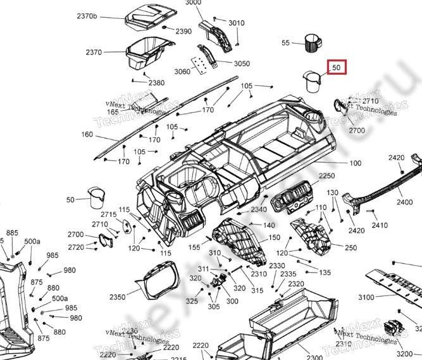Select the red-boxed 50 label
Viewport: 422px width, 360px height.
[336, 67]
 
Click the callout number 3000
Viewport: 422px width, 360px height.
[193, 3]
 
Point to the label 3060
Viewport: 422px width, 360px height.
[182, 71]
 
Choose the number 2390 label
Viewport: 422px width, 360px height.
[183, 31]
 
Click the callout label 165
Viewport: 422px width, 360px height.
[113, 112]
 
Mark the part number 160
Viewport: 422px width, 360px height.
[87, 135]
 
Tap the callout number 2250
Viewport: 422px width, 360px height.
[326, 176]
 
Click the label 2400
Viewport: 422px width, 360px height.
[405, 202]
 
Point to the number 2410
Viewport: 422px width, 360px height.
[380, 225]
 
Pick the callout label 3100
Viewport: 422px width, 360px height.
[366, 297]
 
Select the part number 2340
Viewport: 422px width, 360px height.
[259, 209]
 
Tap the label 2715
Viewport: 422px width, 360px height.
[109, 215]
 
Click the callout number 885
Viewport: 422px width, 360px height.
[12, 233]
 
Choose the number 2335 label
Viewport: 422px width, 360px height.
[289, 274]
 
